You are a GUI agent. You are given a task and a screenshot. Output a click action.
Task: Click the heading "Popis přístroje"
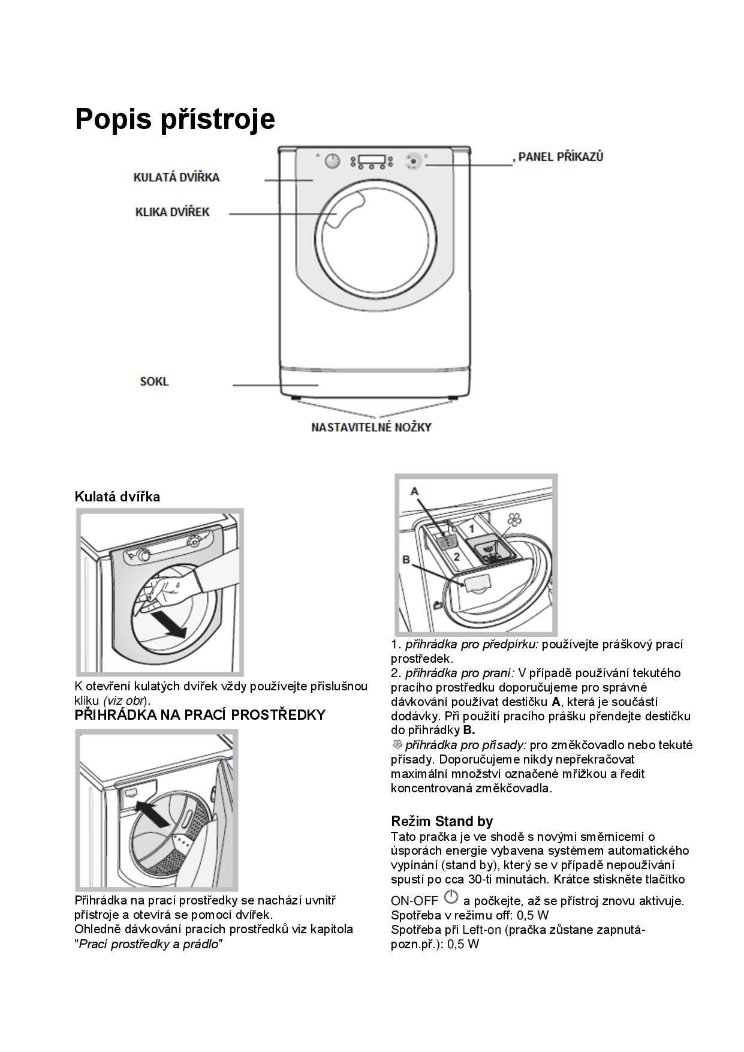click(174, 119)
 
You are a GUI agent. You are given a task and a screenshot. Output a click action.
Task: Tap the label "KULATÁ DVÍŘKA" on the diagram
click(176, 178)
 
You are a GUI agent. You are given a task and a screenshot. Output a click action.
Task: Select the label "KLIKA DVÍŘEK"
click(173, 212)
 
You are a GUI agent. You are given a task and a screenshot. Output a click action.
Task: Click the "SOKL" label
click(154, 381)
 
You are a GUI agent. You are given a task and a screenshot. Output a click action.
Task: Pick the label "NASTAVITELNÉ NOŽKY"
click(371, 427)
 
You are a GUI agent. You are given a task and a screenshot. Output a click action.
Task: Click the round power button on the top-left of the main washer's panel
click(332, 161)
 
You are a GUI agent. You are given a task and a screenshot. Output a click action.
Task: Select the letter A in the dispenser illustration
click(414, 491)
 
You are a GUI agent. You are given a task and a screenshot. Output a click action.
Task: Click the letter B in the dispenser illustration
click(406, 560)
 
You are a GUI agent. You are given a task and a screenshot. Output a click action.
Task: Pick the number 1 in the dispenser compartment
click(472, 529)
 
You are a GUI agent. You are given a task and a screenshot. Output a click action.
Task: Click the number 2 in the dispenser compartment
click(456, 557)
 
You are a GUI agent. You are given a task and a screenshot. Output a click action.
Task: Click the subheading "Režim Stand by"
click(442, 821)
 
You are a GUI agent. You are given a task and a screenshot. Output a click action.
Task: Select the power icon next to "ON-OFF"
click(451, 898)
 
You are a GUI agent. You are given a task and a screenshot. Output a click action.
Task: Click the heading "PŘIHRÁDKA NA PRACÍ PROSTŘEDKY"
click(200, 715)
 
